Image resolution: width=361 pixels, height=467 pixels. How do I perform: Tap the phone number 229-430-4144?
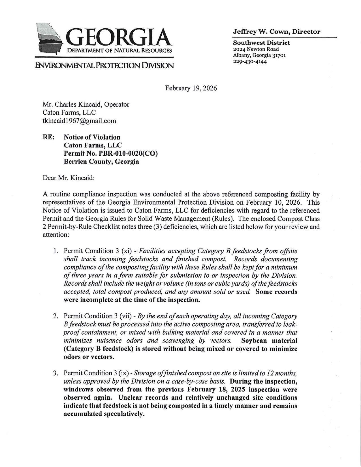pyautogui.click(x=250, y=61)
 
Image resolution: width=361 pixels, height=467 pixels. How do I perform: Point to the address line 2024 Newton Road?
pyautogui.click(x=256, y=49)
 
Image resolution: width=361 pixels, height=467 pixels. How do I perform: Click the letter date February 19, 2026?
pyautogui.click(x=191, y=88)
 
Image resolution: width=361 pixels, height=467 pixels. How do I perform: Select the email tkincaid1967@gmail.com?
pyautogui.click(x=79, y=121)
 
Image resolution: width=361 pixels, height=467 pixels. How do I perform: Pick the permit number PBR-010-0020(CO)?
pyautogui.click(x=111, y=154)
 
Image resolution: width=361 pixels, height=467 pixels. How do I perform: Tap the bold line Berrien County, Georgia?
pyautogui.click(x=101, y=162)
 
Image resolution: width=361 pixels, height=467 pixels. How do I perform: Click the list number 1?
pyautogui.click(x=56, y=251)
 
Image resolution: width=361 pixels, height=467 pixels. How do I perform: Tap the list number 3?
pyautogui.click(x=56, y=373)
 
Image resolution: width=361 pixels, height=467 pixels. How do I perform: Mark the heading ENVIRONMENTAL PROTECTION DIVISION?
pyautogui.click(x=104, y=66)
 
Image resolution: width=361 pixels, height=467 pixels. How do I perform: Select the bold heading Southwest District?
pyautogui.click(x=261, y=43)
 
